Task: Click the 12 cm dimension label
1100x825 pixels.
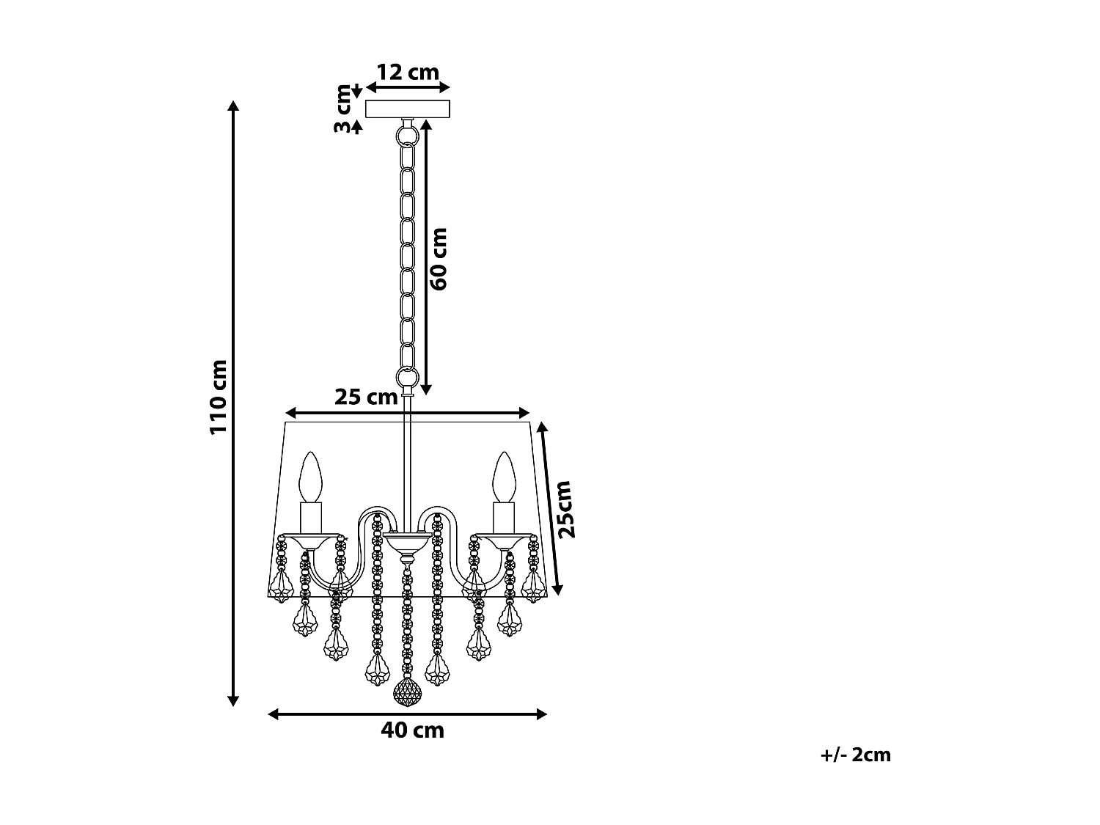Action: click(x=407, y=72)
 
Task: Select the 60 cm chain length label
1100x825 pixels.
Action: click(x=439, y=258)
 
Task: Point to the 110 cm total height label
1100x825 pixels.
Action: click(x=219, y=396)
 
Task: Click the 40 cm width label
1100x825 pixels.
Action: click(x=412, y=730)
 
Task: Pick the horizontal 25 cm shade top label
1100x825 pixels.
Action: click(x=365, y=397)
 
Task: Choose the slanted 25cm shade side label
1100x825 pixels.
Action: click(x=565, y=509)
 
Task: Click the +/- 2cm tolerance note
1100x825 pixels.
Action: click(x=856, y=755)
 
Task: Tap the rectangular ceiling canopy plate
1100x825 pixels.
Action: click(x=407, y=109)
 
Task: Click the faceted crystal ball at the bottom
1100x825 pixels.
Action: click(x=407, y=692)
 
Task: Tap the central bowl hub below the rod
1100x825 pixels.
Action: click(x=407, y=543)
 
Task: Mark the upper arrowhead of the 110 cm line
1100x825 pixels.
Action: click(x=233, y=105)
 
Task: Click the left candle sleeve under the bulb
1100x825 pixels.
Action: click(x=311, y=517)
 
